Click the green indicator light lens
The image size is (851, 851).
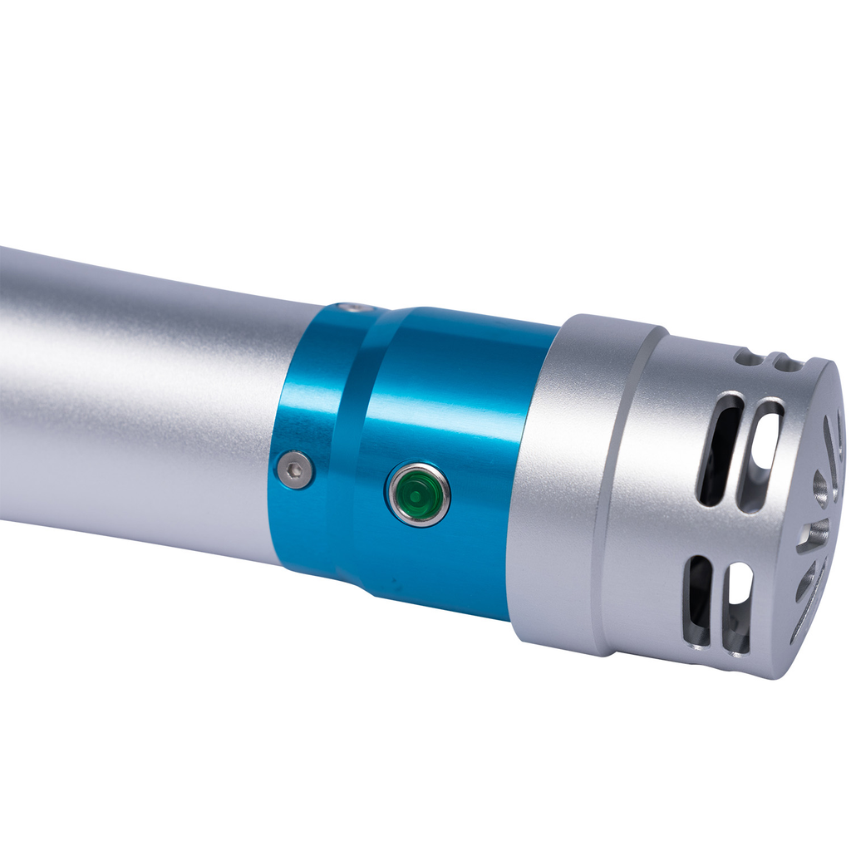click(417, 495)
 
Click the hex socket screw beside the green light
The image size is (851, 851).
click(295, 470)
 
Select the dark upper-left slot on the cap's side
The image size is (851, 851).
click(719, 449)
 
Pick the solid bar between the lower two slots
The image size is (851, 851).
click(717, 603)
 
